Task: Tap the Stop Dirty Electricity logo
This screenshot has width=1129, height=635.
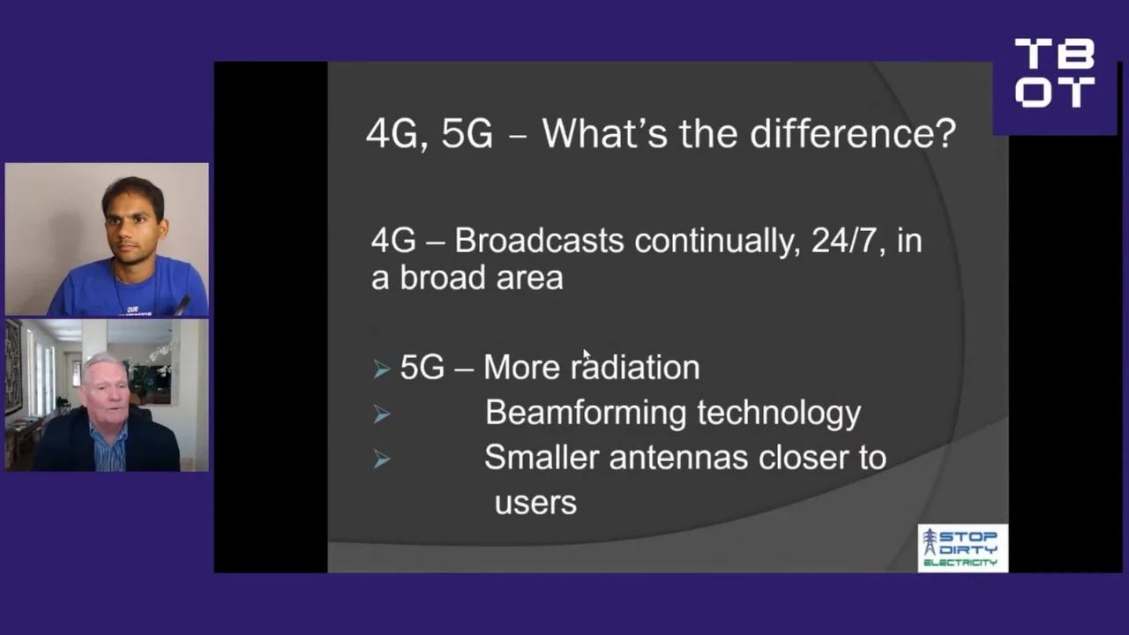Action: point(962,549)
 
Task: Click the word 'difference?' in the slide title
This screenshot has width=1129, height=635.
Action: point(853,134)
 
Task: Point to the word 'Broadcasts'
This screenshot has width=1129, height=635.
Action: point(539,241)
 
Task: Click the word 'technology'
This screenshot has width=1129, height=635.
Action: point(779,413)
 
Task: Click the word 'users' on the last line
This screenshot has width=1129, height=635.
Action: point(535,503)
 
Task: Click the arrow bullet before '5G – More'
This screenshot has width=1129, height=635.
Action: point(381,369)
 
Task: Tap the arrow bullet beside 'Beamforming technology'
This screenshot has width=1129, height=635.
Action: point(381,414)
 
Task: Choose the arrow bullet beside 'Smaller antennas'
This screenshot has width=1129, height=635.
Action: point(381,459)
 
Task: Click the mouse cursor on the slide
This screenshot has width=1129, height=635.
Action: point(587,355)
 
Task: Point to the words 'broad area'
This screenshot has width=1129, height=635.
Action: point(481,278)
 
